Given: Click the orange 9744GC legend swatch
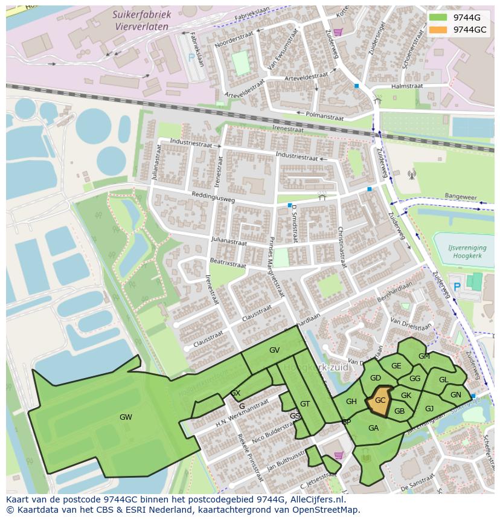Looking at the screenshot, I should pos(439,30).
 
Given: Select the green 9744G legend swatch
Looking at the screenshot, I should pos(439,18).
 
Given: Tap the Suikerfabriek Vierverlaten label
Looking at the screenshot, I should pos(143,20).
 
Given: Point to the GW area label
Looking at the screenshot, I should pos(126,417).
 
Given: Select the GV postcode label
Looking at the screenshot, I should pos(274,350).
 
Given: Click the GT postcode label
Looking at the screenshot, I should pos(305,404).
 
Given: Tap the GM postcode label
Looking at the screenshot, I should pos(424,356).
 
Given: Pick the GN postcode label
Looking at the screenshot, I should pos(455,395).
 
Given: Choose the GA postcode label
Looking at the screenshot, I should pos(373,428).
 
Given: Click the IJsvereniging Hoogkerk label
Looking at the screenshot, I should pos(463,252).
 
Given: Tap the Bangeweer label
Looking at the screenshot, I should pos(460,197).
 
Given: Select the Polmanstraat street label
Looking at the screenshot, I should pos(325,115).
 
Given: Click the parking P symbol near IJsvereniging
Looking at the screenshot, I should pos(457,286).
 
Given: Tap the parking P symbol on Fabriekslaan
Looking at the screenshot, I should pos(191,58).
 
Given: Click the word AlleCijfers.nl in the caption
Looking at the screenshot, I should pos(316,499).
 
